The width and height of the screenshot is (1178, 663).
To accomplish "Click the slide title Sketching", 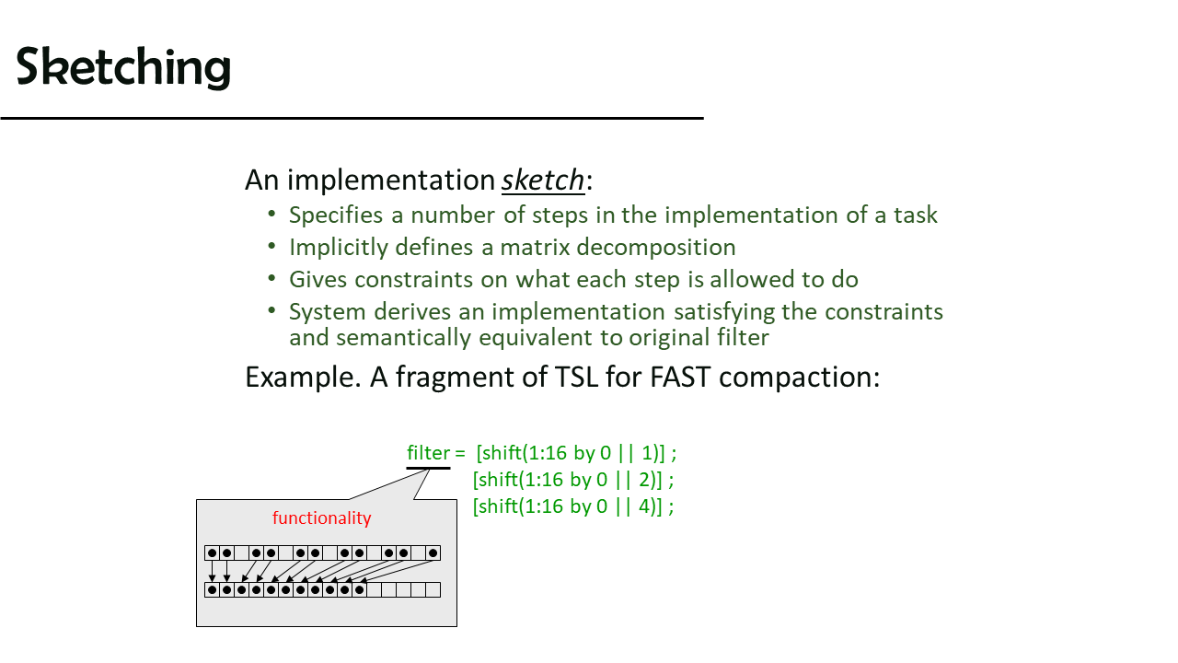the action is click(123, 67).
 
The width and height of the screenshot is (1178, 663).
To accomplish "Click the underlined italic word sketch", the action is click(543, 180).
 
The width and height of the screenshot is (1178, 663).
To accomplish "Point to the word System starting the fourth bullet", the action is click(327, 312).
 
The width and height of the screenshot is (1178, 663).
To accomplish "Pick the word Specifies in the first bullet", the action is click(336, 215).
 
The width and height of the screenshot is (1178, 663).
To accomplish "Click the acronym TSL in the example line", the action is click(576, 377).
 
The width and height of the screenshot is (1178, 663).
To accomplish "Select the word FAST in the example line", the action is click(680, 377).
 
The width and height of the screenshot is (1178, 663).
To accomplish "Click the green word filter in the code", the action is click(428, 452).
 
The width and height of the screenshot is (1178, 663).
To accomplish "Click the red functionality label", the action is click(322, 518).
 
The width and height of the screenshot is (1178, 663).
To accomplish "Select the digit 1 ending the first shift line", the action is click(647, 453).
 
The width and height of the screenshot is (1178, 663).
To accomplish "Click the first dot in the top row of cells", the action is click(212, 553).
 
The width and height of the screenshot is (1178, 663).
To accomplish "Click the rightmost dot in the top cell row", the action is click(433, 553).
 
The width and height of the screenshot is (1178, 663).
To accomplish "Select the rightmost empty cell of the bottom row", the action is click(433, 590).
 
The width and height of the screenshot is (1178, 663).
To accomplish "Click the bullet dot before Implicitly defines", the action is click(271, 246).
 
